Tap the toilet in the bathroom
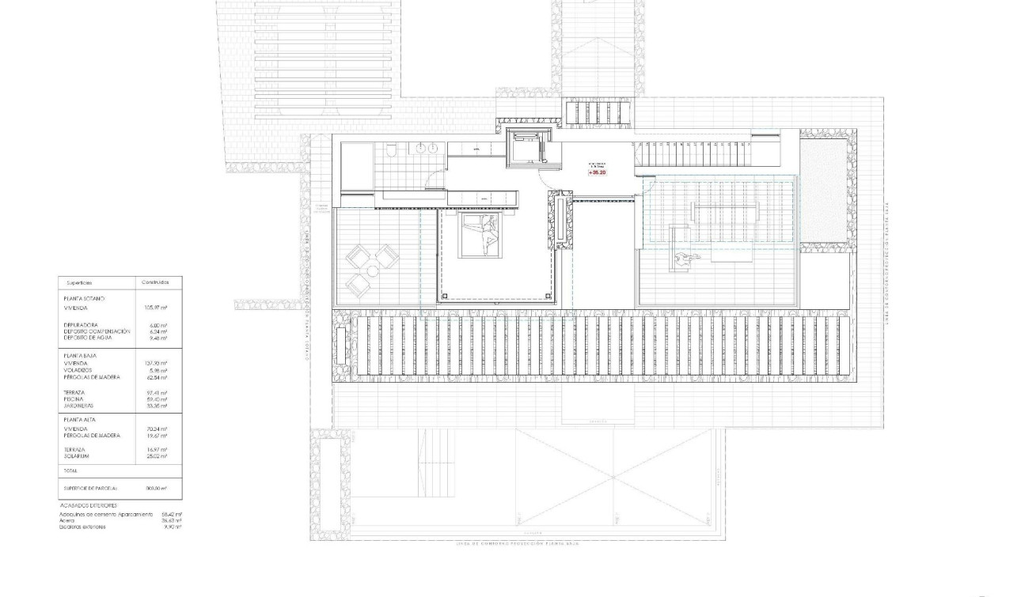tap(391, 149)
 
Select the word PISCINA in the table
tap(74, 399)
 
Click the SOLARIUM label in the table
tap(76, 455)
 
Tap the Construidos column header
tap(157, 281)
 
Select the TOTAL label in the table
tap(70, 470)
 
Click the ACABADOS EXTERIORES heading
tap(88, 504)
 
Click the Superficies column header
tap(79, 281)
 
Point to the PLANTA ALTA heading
tap(78, 420)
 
